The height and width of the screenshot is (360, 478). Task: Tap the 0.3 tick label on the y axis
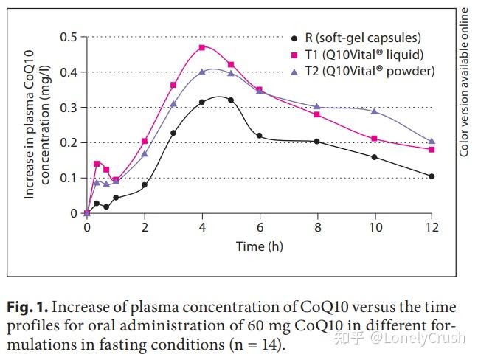point(69,107)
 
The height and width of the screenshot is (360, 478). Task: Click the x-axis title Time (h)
point(259,246)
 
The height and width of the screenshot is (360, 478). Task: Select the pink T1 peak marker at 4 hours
point(201,47)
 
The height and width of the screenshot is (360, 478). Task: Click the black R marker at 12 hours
point(432,176)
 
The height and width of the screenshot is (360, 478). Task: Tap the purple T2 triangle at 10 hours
point(375,111)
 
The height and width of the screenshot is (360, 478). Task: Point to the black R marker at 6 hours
point(259,136)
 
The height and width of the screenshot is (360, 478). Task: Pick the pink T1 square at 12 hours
point(432,150)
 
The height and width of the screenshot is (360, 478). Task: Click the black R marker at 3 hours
point(173,133)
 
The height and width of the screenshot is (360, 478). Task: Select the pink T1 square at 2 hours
point(145,141)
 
